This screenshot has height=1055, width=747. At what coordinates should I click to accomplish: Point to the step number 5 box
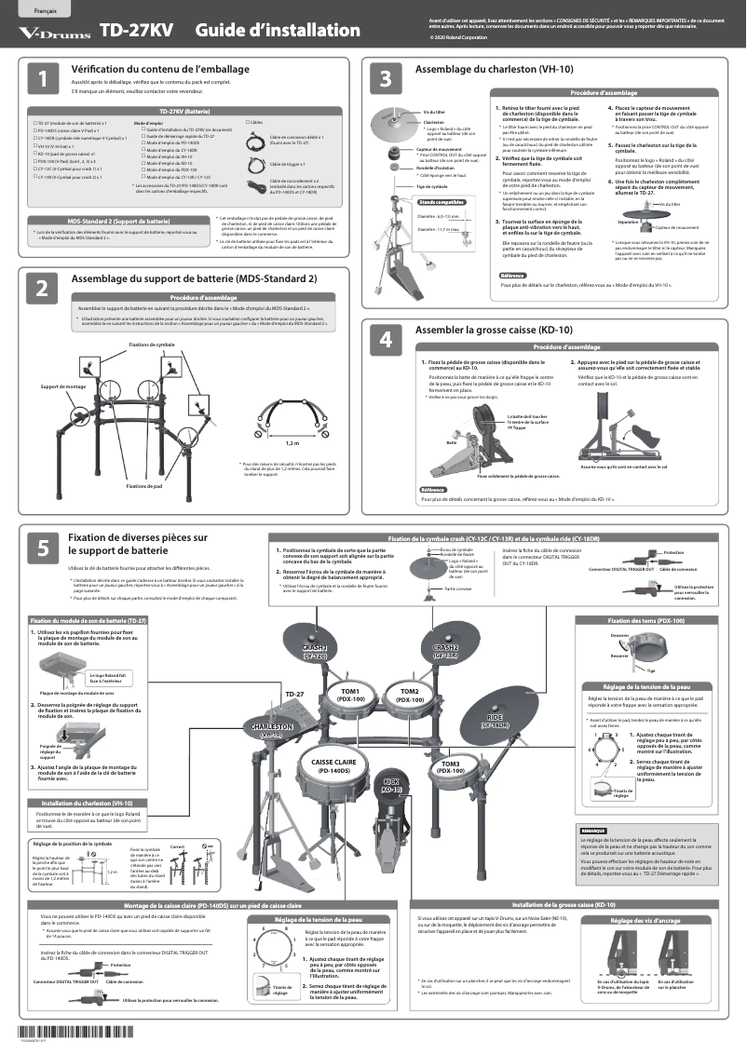coord(43,549)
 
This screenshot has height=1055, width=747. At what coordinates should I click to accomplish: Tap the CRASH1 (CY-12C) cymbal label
coord(314,652)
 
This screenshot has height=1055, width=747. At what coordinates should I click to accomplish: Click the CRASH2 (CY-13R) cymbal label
coord(445,652)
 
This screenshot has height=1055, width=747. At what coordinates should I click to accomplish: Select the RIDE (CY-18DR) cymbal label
coord(495,721)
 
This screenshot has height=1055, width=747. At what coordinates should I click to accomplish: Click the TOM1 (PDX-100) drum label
coord(350,695)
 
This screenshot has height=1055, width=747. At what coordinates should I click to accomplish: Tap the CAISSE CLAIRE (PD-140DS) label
coord(333,766)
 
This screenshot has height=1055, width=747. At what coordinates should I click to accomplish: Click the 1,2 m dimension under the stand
coord(292,443)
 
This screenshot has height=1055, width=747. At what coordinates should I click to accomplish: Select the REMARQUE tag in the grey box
coord(593,830)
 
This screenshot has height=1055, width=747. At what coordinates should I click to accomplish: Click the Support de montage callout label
coord(64,385)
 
